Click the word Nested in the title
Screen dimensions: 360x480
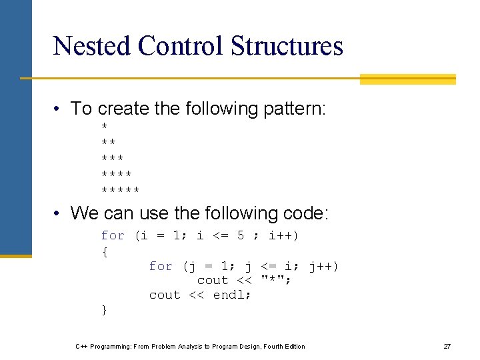point(91,46)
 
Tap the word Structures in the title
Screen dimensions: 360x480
point(287,46)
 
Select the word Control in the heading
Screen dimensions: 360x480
point(180,46)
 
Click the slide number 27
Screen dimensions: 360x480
point(447,346)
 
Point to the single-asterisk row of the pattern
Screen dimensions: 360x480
point(104,127)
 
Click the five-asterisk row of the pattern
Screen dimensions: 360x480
point(120,191)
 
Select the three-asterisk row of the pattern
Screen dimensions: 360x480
point(112,159)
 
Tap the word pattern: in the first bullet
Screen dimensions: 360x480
point(292,109)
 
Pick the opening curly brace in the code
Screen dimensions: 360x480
point(104,251)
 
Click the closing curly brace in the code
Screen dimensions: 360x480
point(104,309)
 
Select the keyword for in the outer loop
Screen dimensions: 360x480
point(113,235)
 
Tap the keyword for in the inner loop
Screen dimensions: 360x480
point(161,266)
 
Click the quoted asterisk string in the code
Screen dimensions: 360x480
point(276,280)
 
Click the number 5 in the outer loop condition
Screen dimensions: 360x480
point(241,235)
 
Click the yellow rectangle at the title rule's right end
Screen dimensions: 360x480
point(407,79)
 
